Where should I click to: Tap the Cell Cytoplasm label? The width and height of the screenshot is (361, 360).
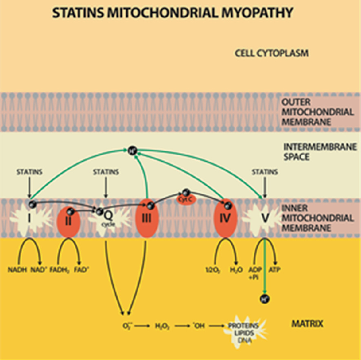pyautogui.click(x=271, y=53)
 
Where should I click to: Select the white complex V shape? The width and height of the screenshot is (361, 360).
pyautogui.click(x=262, y=217)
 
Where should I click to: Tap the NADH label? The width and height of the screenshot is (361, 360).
pyautogui.click(x=16, y=269)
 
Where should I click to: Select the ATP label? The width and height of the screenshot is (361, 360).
pyautogui.click(x=275, y=269)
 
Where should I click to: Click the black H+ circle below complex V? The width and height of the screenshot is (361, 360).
pyautogui.click(x=264, y=299)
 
